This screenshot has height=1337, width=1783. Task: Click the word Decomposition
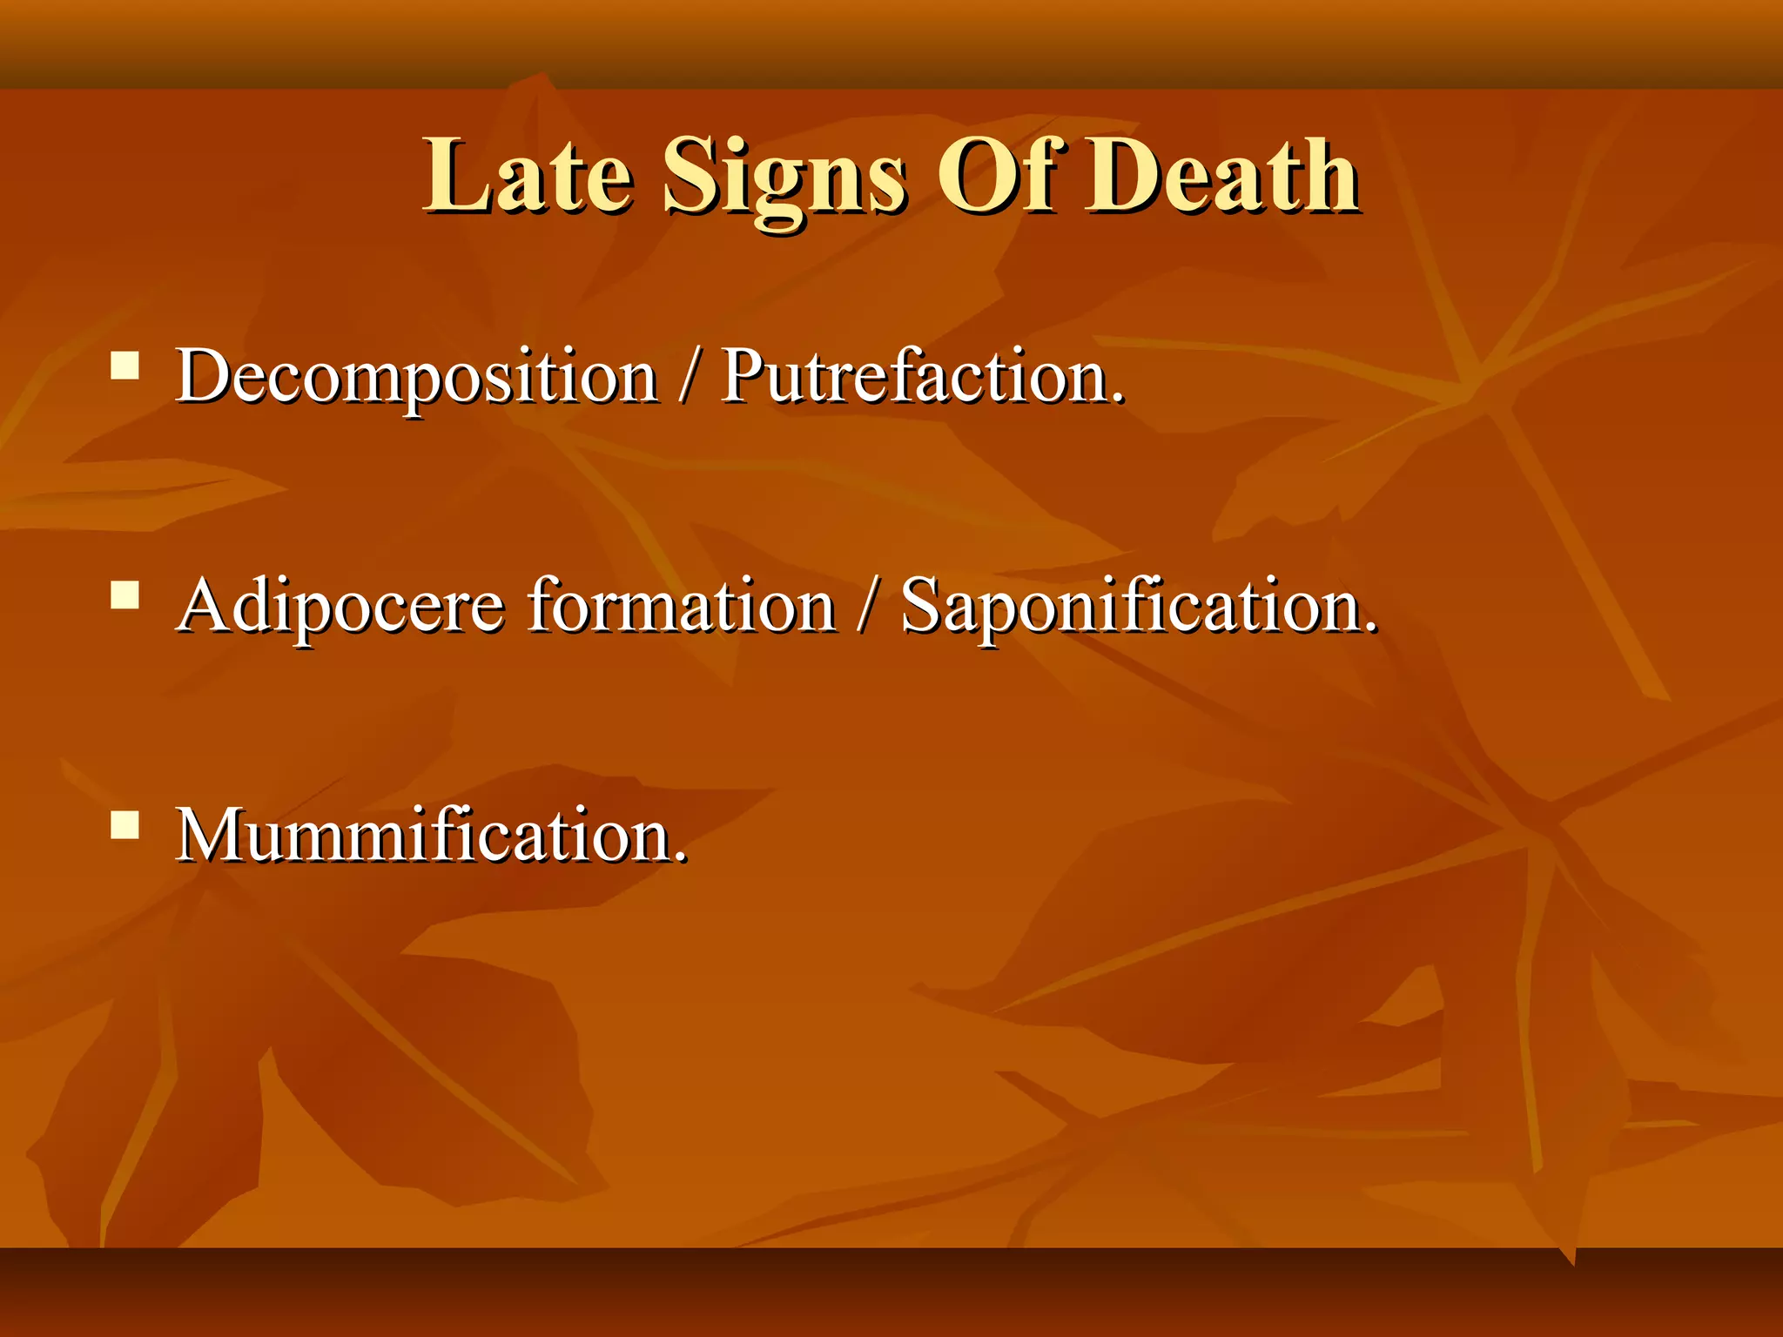(416, 376)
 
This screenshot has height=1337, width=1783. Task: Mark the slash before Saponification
(867, 608)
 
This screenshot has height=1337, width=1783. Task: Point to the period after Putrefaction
(1118, 399)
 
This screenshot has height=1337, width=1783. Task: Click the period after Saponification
(1371, 628)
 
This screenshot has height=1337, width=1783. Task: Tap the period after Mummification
(681, 858)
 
